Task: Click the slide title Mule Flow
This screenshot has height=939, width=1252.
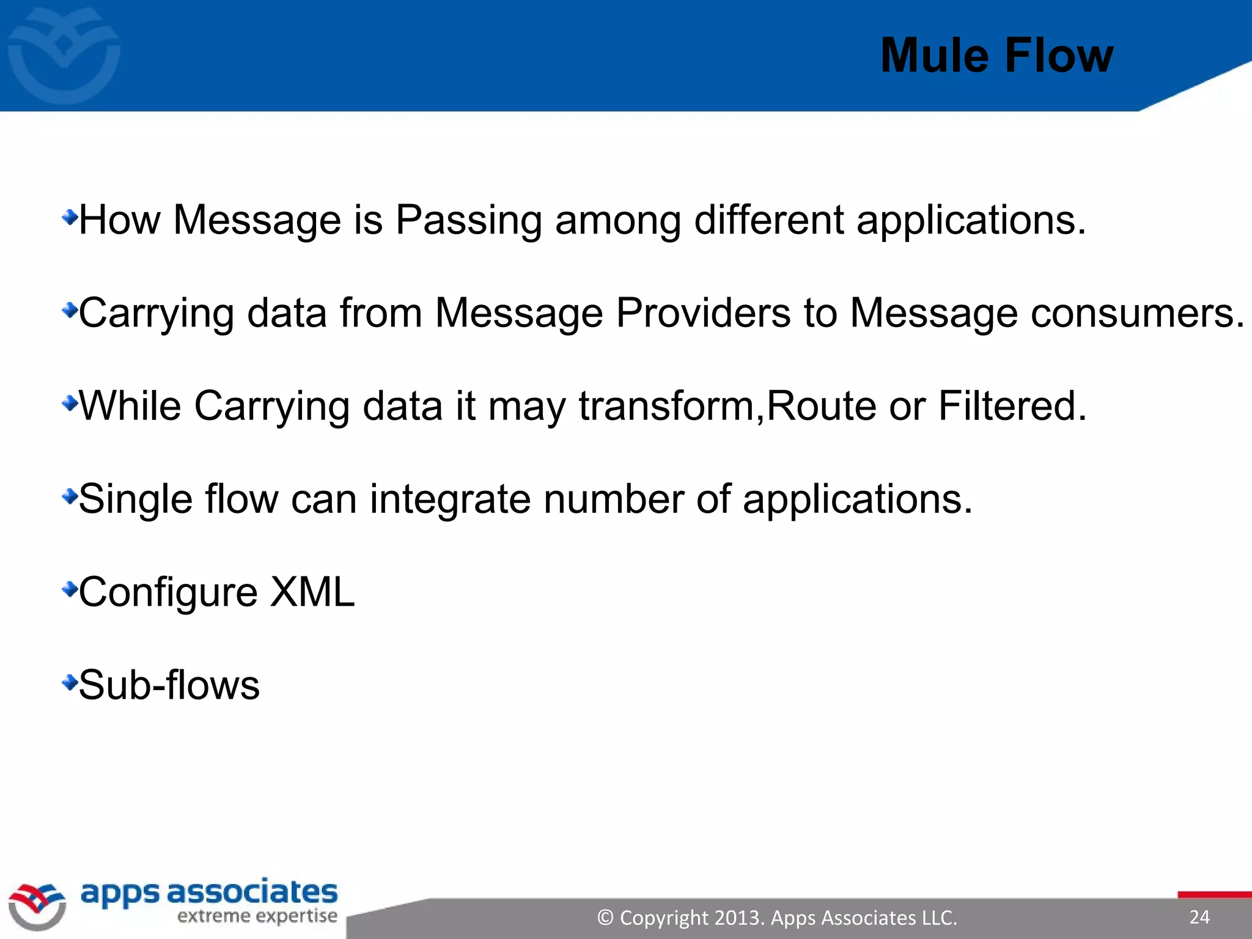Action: [996, 56]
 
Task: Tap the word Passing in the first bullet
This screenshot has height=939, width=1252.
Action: [468, 219]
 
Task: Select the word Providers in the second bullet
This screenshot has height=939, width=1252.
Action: [703, 312]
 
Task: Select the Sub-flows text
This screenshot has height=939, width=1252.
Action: [169, 685]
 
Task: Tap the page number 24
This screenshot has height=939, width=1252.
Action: [1199, 917]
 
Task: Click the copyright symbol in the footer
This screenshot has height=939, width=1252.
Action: [605, 918]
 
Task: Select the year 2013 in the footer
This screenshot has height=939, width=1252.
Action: [738, 918]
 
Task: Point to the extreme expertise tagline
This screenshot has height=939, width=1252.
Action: [257, 916]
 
